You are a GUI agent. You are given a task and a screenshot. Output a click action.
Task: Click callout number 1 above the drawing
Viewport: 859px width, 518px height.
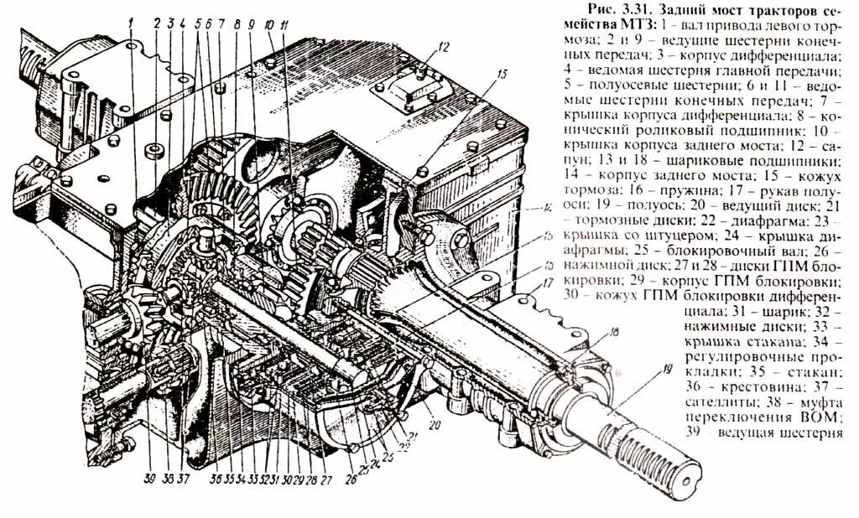132,22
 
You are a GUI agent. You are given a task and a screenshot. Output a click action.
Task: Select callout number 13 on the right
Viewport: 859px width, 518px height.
502,75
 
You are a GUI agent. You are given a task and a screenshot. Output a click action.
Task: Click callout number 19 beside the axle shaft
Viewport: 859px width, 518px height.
643,368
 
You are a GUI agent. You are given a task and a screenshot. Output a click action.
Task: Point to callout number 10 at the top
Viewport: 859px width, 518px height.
269,25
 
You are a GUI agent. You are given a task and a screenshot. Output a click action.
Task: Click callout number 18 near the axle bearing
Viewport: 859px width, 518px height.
615,333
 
